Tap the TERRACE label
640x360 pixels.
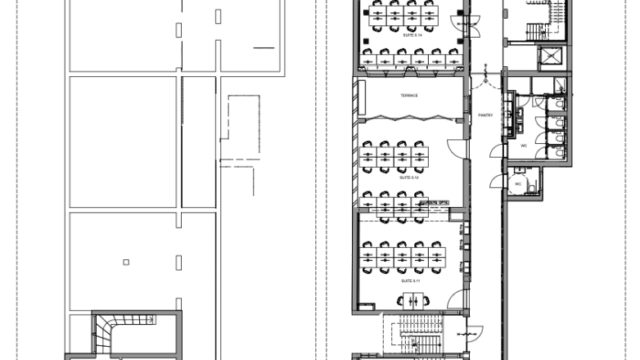[x=409, y=96]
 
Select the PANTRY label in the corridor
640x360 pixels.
[x=485, y=115]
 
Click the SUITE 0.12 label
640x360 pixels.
[x=409, y=178]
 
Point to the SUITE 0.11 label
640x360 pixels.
[x=410, y=281]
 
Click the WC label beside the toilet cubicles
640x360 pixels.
[x=523, y=145]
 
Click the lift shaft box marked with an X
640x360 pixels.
[x=549, y=59]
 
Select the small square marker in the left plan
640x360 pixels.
[x=125, y=262]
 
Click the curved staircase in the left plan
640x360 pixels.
[x=106, y=333]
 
